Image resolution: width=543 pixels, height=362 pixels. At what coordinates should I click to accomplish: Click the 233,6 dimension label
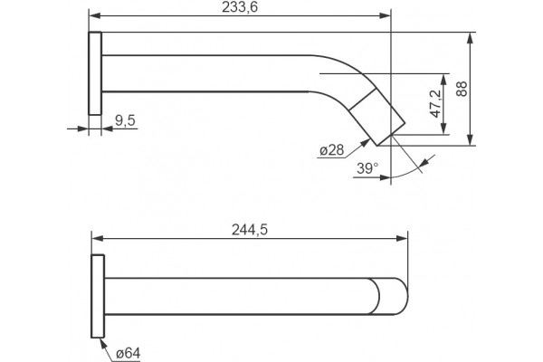tap(240, 7)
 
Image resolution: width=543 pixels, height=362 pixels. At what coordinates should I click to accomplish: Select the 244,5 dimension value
tap(250, 230)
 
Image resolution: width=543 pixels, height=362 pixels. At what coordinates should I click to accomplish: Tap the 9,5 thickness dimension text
tap(125, 120)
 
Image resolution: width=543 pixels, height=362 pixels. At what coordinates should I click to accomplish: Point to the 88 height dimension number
tap(462, 89)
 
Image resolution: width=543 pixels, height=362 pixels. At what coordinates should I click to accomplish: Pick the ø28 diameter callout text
tap(332, 150)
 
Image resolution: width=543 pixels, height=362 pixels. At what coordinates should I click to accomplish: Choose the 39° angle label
tap(367, 168)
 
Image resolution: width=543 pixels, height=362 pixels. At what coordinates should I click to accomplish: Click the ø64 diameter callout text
tap(129, 353)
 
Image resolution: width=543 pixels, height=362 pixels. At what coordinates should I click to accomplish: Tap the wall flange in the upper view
tap(95, 73)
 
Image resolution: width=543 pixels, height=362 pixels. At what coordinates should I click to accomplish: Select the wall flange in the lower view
tap(98, 296)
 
